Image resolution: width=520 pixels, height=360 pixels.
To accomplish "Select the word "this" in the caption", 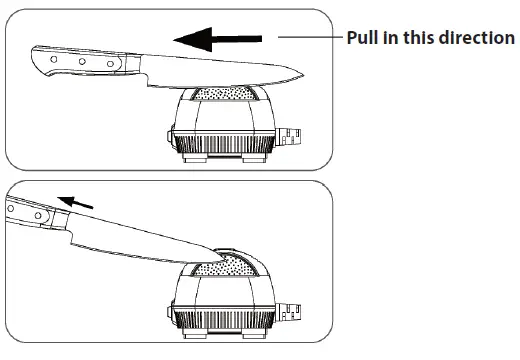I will click(419, 38).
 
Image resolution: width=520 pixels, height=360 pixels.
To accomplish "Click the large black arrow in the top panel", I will click(215, 39).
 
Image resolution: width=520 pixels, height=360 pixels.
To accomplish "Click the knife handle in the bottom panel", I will click(30, 215).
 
